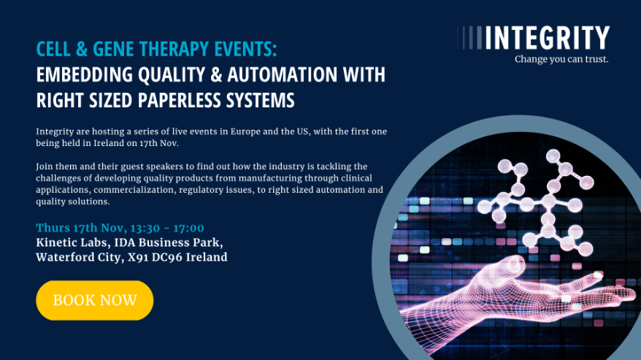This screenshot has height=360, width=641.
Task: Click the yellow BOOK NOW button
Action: tap(95, 300)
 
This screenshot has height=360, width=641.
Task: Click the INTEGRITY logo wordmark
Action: tap(547, 38)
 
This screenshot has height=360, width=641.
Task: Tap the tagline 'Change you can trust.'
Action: tap(561, 59)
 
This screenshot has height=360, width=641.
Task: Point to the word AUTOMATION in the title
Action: tap(283, 74)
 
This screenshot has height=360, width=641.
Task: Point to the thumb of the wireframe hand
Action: tap(502, 266)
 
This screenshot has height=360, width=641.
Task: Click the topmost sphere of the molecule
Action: tap(553, 156)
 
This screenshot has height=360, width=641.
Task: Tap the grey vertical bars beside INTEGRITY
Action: tap(469, 38)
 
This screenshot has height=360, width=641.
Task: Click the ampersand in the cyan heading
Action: tap(82, 49)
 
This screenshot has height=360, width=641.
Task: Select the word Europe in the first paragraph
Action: tap(245, 131)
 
